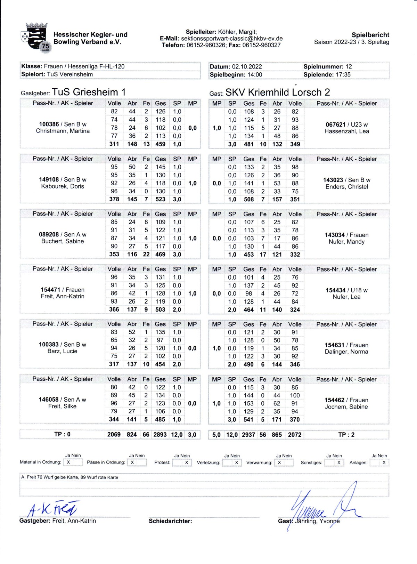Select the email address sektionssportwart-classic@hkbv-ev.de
click(x=232, y=39)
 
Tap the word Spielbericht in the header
click(x=370, y=35)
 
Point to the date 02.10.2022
click(x=247, y=66)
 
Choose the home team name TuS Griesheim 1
click(x=89, y=92)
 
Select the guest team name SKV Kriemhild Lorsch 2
click(x=277, y=92)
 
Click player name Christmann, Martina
click(x=63, y=131)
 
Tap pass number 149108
click(x=49, y=179)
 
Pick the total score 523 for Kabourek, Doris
click(x=160, y=199)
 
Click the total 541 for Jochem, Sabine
click(x=248, y=420)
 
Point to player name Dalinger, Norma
click(x=346, y=352)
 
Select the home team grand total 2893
click(x=160, y=435)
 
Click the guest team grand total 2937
click(x=248, y=435)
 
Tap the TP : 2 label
click(x=346, y=435)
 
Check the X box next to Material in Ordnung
click(x=68, y=462)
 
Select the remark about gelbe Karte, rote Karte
click(x=69, y=477)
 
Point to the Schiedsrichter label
click(x=170, y=521)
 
